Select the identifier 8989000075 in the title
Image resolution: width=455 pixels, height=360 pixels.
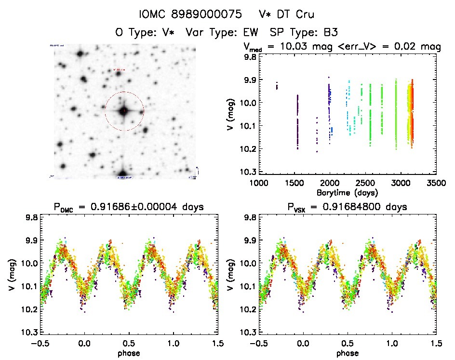(x=203, y=15)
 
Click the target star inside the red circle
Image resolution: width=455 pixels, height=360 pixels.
(x=124, y=111)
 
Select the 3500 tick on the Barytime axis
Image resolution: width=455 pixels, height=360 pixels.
(x=436, y=183)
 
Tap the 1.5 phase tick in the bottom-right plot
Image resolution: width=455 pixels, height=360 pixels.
(x=436, y=344)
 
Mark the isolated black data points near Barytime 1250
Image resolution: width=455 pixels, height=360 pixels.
(x=277, y=86)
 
